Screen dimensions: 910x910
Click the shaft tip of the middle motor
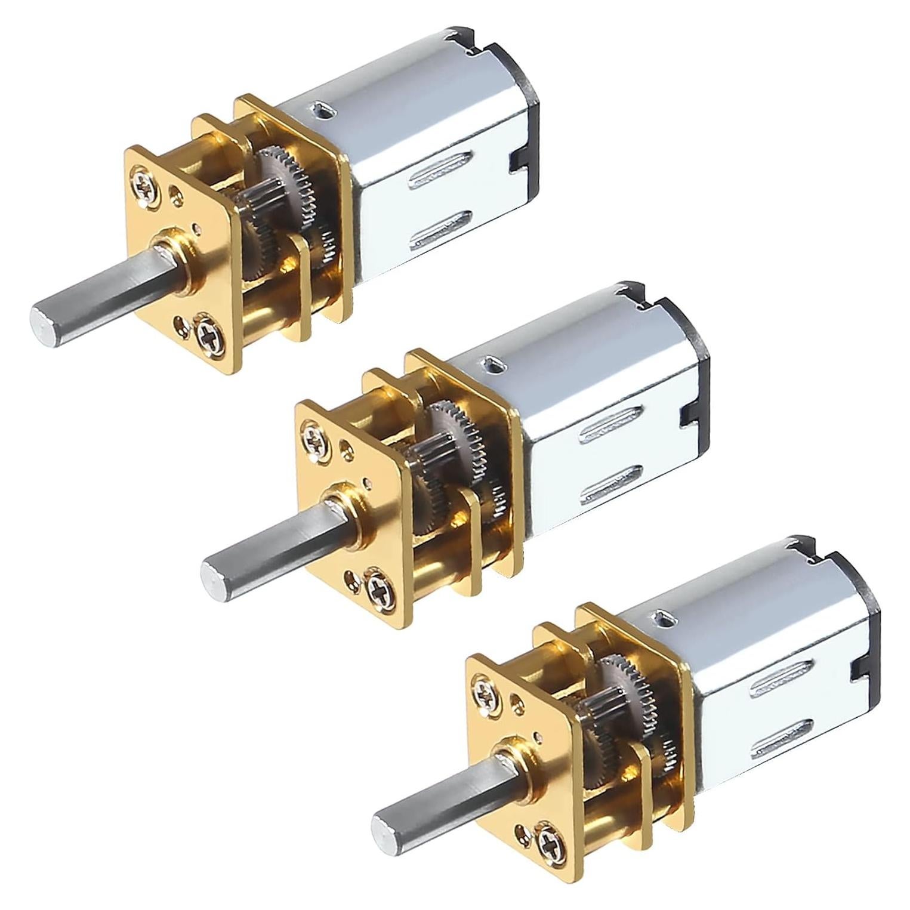[x=213, y=573]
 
